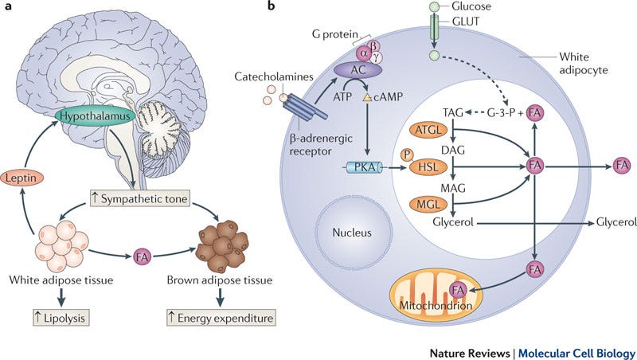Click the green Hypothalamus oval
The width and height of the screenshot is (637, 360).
point(95,115)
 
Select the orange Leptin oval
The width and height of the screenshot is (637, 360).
point(21,178)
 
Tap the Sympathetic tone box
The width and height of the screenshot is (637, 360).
point(139,198)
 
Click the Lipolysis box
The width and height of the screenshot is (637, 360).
point(61,318)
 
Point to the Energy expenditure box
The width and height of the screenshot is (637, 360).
point(221,318)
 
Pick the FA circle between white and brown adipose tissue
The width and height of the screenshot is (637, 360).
point(142,256)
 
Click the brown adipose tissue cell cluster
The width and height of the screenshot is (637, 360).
point(221,246)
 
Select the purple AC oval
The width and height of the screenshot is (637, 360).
point(358,70)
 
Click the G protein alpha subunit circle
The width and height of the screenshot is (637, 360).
point(363,53)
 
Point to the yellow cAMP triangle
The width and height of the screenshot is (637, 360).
point(367,97)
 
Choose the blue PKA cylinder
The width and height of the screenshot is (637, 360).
point(364,167)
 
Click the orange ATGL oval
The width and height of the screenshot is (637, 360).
point(428,131)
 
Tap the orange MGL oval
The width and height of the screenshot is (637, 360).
point(428,204)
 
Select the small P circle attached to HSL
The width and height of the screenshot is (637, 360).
point(407,155)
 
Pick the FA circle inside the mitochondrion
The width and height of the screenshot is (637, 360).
point(458,290)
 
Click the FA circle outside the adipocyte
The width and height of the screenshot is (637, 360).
point(622,166)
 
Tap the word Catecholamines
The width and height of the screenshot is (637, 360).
point(274,76)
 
